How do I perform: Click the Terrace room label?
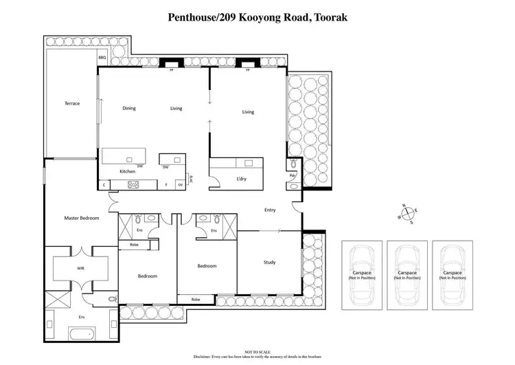tap(72, 104)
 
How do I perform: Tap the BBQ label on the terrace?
tap(102, 58)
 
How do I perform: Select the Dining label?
tap(129, 109)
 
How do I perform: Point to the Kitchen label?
tap(128, 171)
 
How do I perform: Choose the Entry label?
tap(270, 210)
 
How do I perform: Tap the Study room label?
tap(270, 262)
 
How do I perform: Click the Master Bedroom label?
tap(82, 218)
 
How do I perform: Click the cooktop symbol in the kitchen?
tap(134, 184)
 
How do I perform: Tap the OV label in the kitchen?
tap(181, 184)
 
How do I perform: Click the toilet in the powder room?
tap(293, 164)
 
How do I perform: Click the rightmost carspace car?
tap(453, 275)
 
